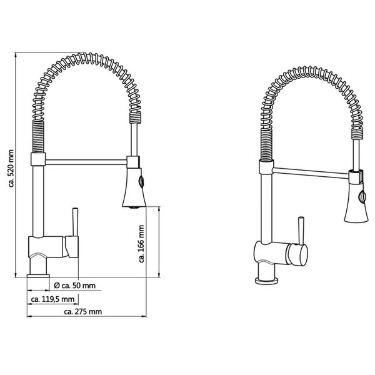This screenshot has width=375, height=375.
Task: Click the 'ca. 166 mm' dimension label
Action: tap(143, 244)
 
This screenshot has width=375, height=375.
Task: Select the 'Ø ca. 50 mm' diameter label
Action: tap(75, 286)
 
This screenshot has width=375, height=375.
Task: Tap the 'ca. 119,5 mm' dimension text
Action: tap(52, 299)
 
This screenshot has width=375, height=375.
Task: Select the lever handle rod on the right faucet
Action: tap(299, 229)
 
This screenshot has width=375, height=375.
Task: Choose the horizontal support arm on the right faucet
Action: tap(309, 169)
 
